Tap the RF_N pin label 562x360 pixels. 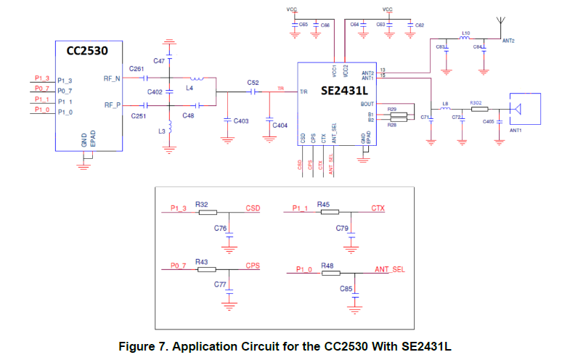pos(112,77)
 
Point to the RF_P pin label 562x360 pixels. pos(112,105)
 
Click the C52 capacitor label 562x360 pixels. pos(253,83)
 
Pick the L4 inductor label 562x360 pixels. pos(190,88)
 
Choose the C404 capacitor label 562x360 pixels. pos(280,126)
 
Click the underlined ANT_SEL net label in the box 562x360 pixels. pos(390,269)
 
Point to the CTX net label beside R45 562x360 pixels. pos(378,208)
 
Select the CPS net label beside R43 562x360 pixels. pos(253,266)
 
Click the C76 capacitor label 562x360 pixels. pos(221,228)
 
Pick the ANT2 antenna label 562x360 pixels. pos(508,41)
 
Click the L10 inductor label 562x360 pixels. pos(466,33)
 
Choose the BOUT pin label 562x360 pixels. pos(367,104)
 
